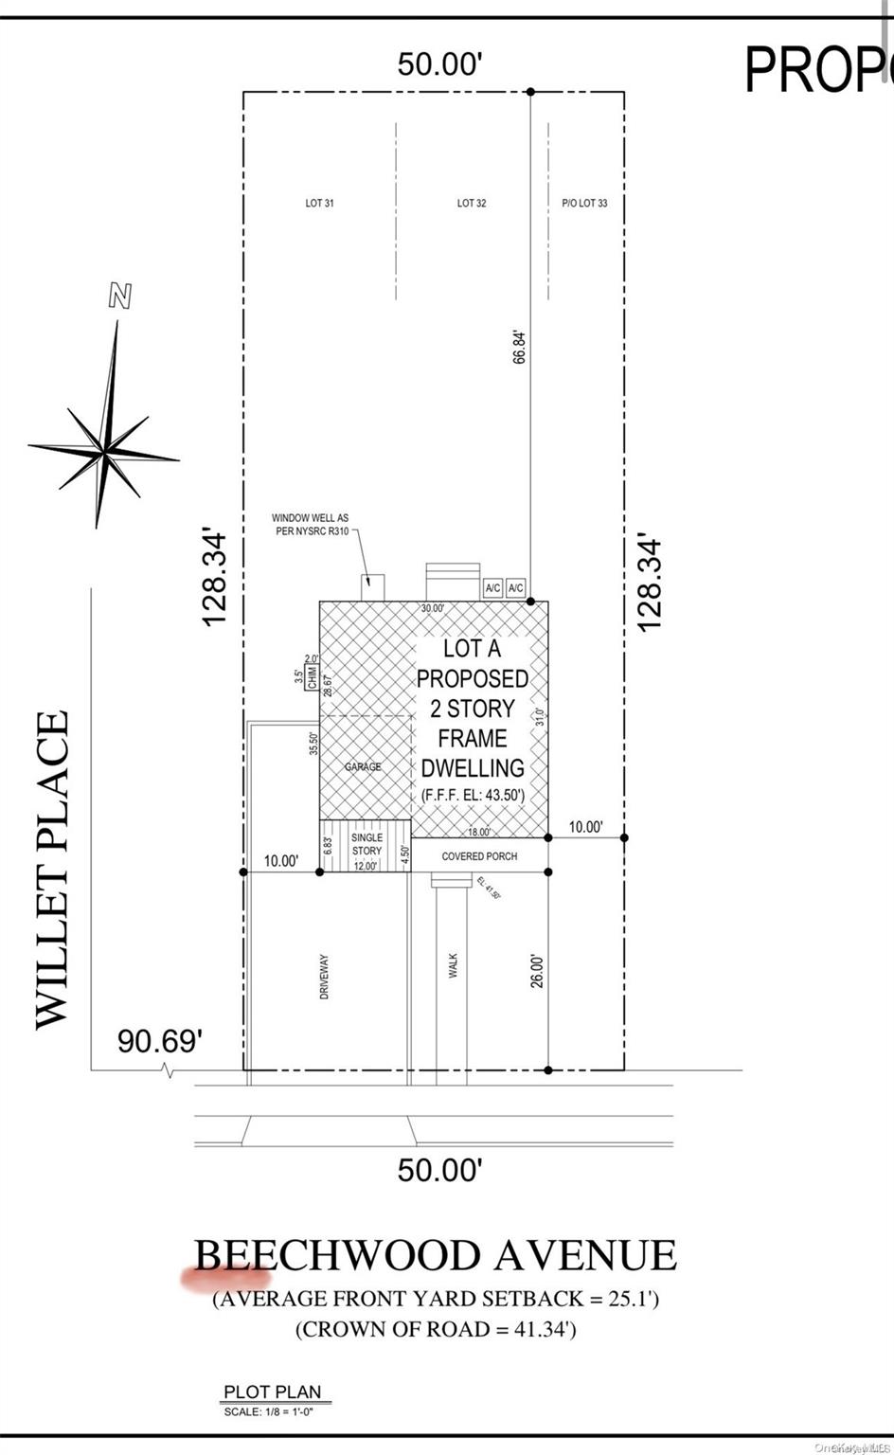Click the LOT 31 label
click(x=319, y=204)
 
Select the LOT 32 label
click(x=472, y=204)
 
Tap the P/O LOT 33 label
click(x=584, y=204)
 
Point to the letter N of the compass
click(x=120, y=296)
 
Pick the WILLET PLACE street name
click(x=53, y=870)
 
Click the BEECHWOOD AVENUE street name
click(x=436, y=1256)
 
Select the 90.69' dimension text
click(x=160, y=1041)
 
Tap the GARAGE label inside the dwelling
click(x=363, y=766)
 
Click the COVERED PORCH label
click(x=479, y=856)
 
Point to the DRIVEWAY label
click(x=324, y=977)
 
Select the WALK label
click(x=453, y=966)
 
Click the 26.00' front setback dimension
click(x=537, y=971)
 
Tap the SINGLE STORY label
click(x=367, y=844)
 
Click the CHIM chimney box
click(x=311, y=677)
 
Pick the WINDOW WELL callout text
click(x=310, y=524)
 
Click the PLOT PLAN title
click(x=272, y=1392)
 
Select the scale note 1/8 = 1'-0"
click(x=268, y=1411)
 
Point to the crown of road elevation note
click(x=436, y=1329)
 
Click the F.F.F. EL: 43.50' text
click(x=473, y=796)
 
